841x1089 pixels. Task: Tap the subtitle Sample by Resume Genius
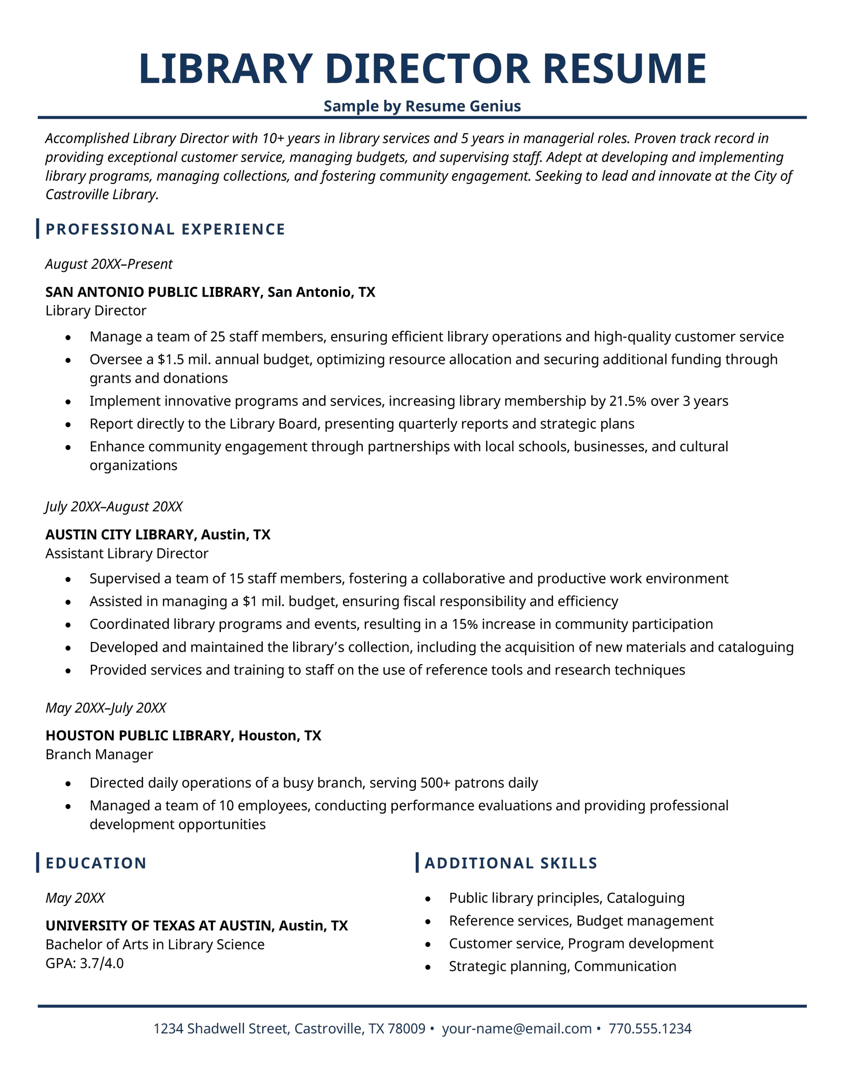(422, 106)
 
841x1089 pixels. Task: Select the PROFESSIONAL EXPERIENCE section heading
(166, 229)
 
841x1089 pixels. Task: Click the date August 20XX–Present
(109, 264)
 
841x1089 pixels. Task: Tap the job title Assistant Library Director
(127, 553)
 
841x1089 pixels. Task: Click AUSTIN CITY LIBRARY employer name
(120, 535)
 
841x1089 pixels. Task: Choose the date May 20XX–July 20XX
(106, 708)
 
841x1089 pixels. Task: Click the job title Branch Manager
(99, 754)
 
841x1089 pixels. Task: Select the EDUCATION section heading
(96, 863)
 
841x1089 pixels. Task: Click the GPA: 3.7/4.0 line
(85, 963)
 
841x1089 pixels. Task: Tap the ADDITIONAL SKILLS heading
(511, 863)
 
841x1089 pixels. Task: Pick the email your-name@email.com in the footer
(517, 1029)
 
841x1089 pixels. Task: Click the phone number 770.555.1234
(650, 1029)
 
